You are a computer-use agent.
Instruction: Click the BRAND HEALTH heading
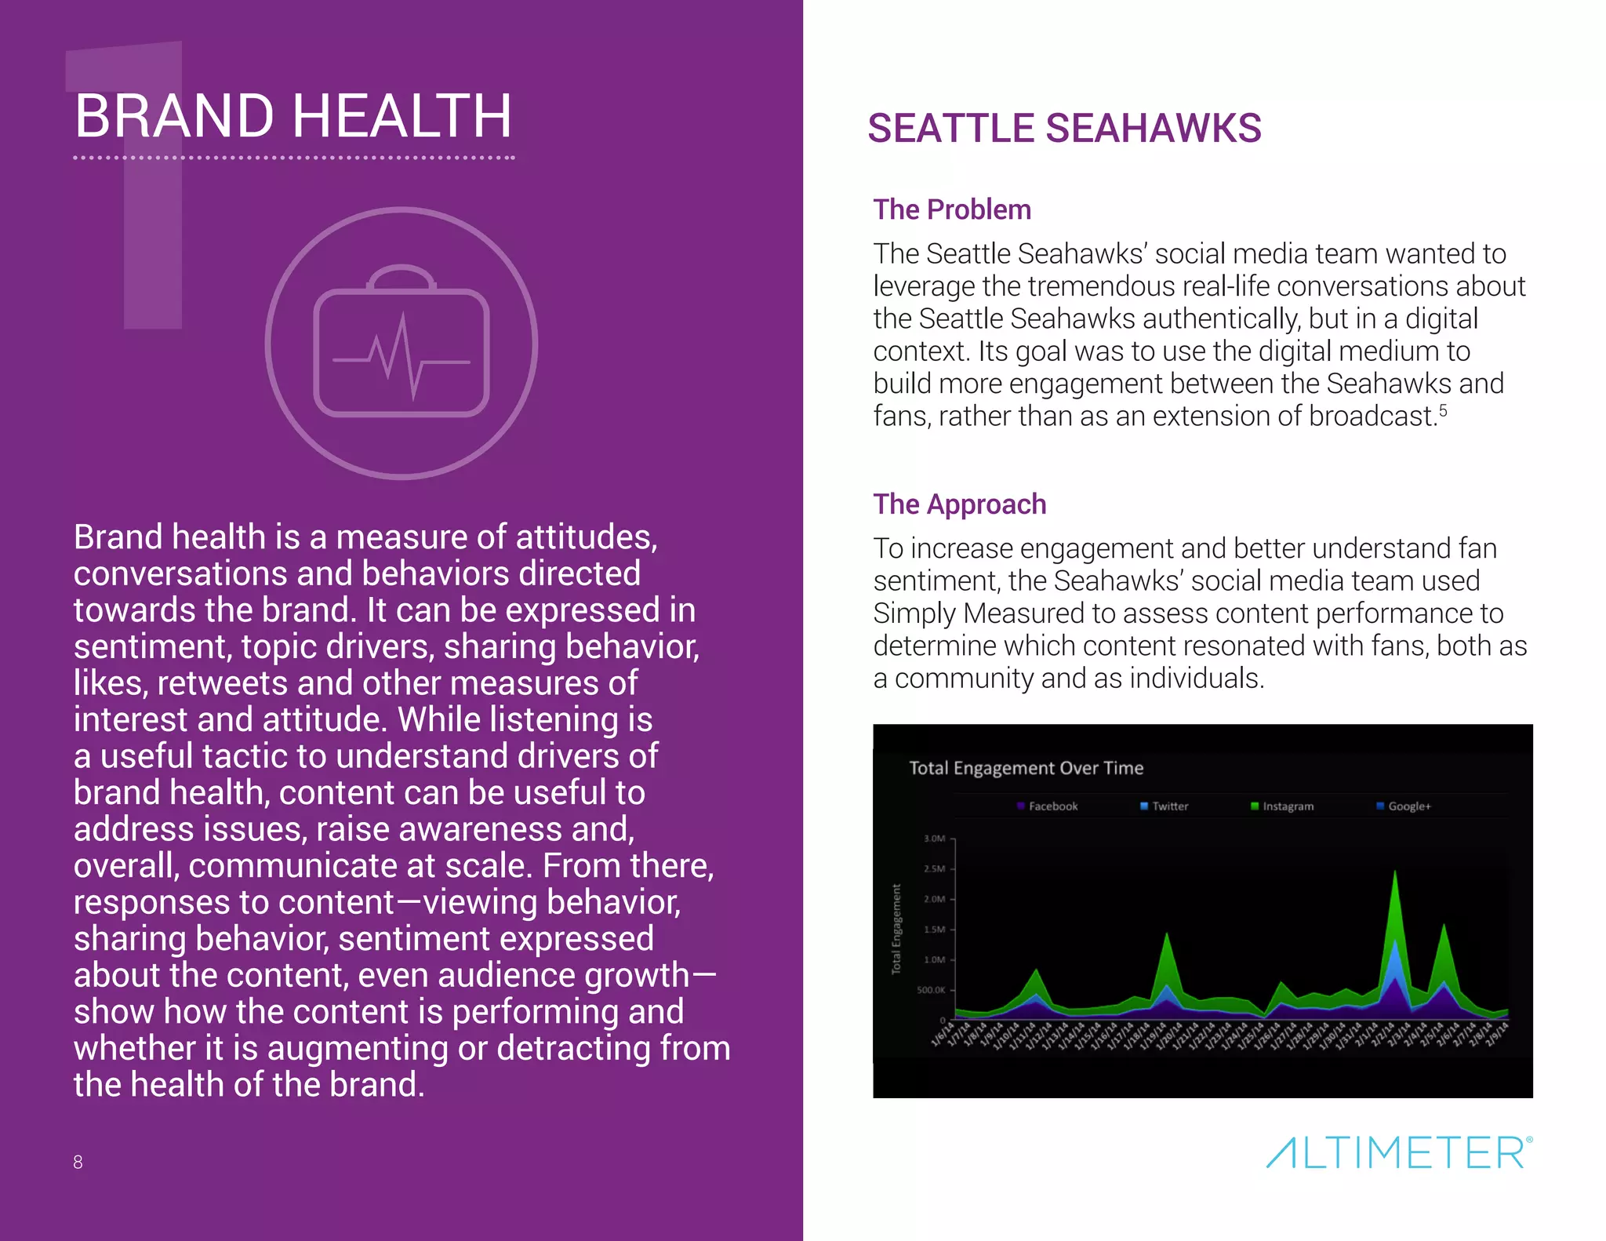pyautogui.click(x=293, y=116)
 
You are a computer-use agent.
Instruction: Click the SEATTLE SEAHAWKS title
pyautogui.click(x=1064, y=129)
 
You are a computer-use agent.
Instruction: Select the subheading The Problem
pyautogui.click(x=952, y=210)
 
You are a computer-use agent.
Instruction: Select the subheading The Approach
pyautogui.click(x=960, y=504)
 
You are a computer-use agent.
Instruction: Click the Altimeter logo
pyautogui.click(x=1399, y=1152)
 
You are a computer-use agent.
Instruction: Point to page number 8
pyautogui.click(x=78, y=1162)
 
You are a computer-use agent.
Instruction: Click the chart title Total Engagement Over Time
pyautogui.click(x=1026, y=768)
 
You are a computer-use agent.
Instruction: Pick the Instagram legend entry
pyautogui.click(x=1283, y=806)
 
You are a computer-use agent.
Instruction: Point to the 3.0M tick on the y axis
pyautogui.click(x=935, y=839)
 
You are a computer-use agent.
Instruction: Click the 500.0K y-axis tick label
pyautogui.click(x=932, y=990)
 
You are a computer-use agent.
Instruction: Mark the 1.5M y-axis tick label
pyautogui.click(x=935, y=930)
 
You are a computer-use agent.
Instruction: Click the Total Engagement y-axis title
pyautogui.click(x=897, y=929)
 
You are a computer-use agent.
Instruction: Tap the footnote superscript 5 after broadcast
pyautogui.click(x=1443, y=410)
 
